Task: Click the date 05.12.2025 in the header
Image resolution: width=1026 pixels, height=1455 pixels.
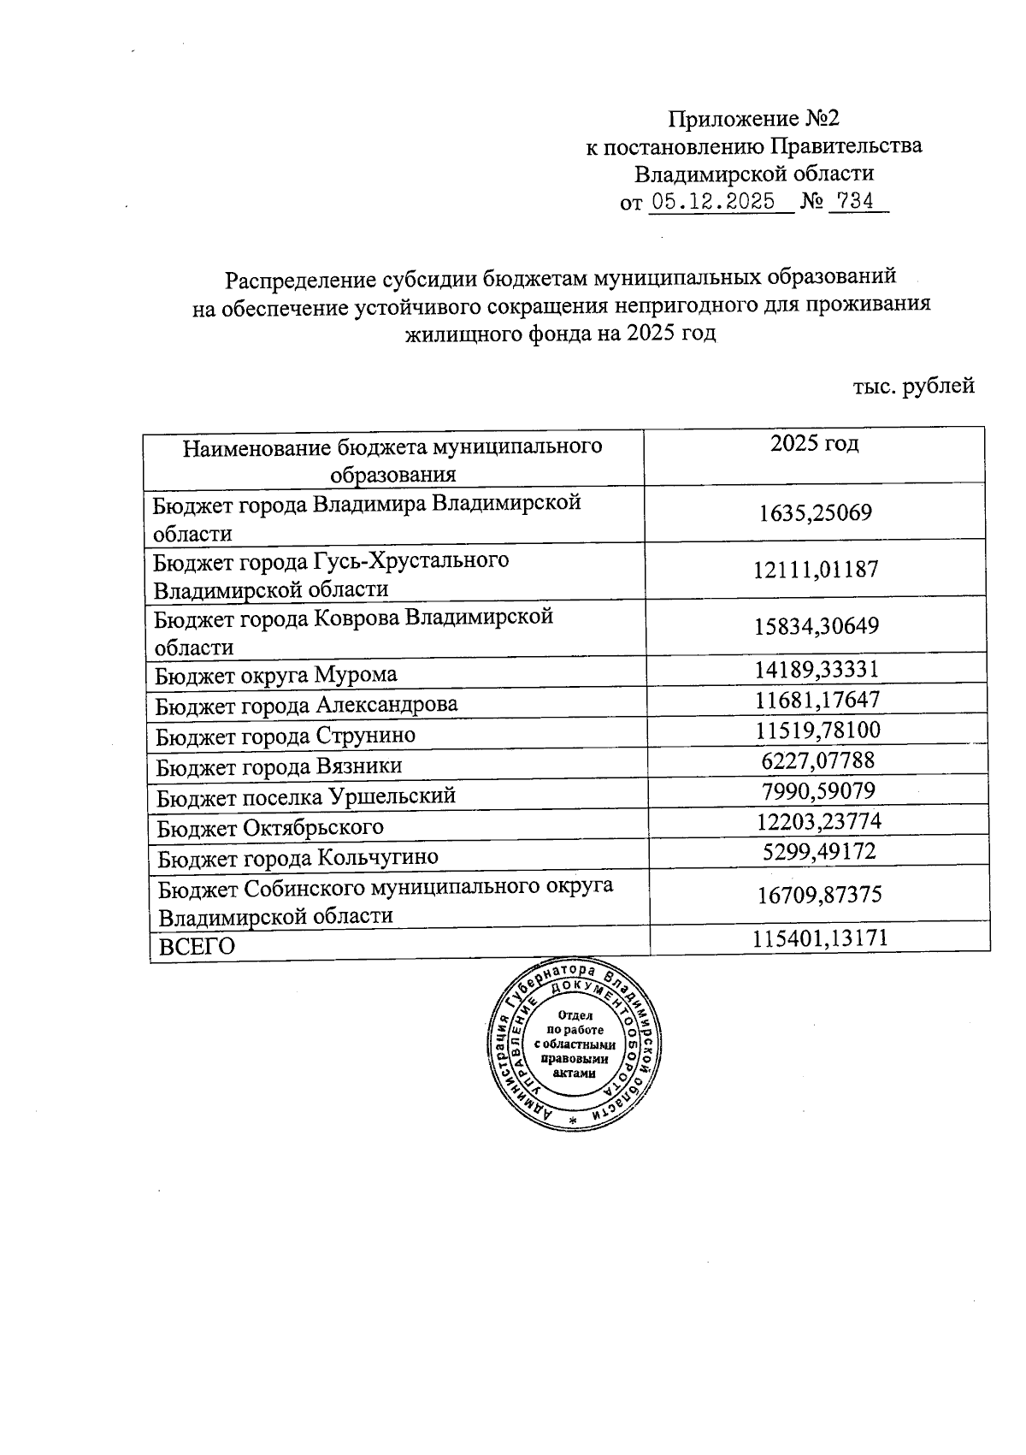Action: (713, 202)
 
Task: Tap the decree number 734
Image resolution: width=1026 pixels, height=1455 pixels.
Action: (856, 202)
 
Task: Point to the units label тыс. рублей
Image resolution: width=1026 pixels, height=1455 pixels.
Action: (913, 386)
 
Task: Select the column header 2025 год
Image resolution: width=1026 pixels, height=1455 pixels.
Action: (814, 443)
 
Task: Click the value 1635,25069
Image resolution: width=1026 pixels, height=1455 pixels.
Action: (815, 513)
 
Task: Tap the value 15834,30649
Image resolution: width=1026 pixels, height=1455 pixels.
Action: (816, 625)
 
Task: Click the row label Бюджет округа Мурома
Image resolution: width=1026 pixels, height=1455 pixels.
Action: (275, 675)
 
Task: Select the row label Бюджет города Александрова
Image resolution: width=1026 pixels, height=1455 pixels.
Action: (306, 705)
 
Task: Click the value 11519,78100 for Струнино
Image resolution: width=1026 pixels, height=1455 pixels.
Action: (817, 730)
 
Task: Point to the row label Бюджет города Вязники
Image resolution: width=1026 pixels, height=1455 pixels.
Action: (279, 766)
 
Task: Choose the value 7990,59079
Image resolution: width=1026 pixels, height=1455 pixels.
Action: (818, 790)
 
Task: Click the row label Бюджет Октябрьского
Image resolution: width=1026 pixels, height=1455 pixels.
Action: (270, 827)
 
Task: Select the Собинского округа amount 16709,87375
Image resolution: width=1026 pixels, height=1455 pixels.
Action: (819, 896)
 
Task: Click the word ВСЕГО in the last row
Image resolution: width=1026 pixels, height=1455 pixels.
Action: (198, 946)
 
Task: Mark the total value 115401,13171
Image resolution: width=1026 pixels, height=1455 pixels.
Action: (820, 938)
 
